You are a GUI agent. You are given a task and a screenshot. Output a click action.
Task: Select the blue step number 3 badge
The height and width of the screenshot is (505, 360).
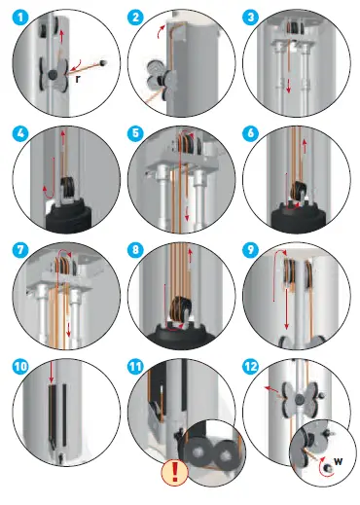[250, 18]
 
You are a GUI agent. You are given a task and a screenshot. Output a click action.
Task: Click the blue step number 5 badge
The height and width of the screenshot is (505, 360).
[135, 133]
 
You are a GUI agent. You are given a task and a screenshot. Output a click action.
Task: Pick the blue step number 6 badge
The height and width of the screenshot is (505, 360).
[250, 133]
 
